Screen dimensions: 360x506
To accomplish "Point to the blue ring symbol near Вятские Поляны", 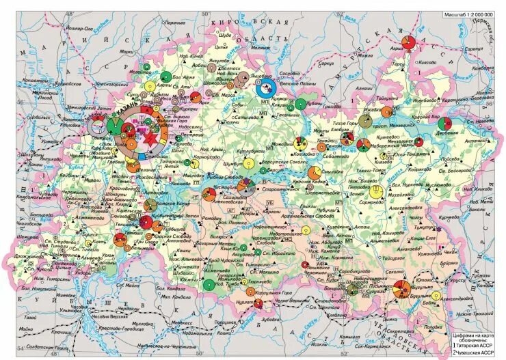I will [x=265, y=87].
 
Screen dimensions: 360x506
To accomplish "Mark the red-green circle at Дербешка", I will [x=445, y=124].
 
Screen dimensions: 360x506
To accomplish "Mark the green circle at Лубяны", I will [x=299, y=105].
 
